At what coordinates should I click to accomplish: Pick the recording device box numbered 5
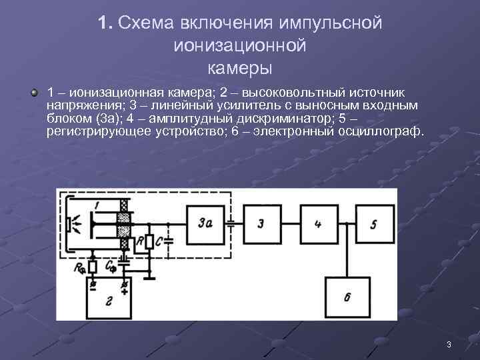374,225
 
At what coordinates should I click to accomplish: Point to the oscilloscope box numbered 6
347,297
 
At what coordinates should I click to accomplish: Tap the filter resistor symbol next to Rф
93,267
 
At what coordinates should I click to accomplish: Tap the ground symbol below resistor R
151,274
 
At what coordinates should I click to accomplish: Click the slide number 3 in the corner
449,345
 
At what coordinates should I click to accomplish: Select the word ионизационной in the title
240,46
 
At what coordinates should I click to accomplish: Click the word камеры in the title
240,68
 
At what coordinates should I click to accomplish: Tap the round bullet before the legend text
34,91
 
